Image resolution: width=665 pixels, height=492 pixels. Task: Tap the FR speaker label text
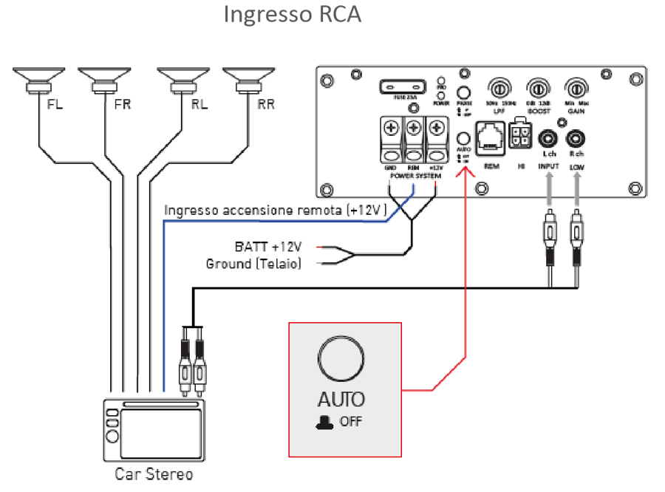pos(123,104)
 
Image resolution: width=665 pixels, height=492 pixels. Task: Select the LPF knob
pos(498,88)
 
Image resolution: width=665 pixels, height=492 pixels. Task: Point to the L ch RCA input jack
pos(548,139)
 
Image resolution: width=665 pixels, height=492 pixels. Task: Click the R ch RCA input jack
pos(576,139)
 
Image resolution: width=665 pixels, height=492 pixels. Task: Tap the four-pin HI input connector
pos(522,135)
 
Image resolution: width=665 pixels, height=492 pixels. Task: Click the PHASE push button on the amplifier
pos(465,94)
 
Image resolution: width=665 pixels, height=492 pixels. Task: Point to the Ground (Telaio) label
pos(253,263)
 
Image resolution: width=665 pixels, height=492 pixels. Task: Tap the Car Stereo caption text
pos(154,474)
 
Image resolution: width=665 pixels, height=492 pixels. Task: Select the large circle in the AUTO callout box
pos(340,358)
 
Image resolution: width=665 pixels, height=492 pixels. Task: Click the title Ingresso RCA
pos(293,16)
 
